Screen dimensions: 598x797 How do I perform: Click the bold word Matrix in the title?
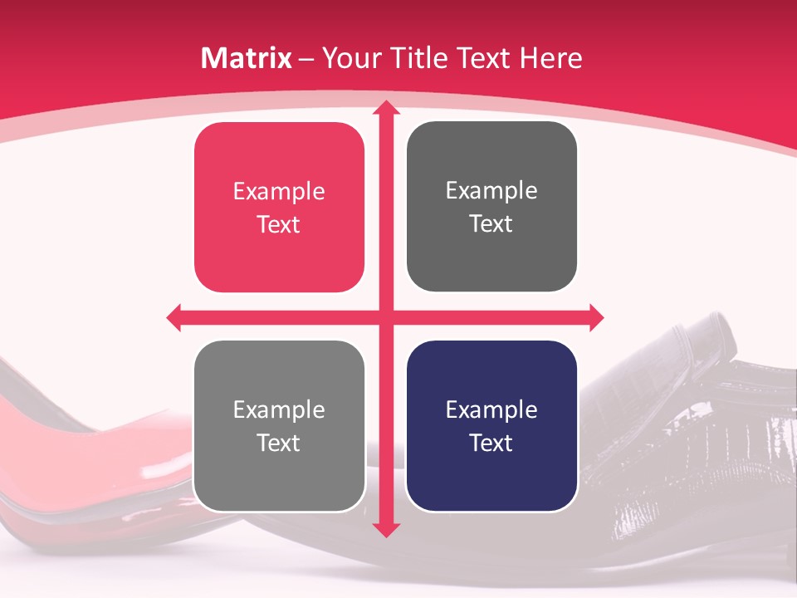(x=247, y=58)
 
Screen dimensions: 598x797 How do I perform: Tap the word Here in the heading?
(x=550, y=58)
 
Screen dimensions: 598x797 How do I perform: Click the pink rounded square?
(x=279, y=208)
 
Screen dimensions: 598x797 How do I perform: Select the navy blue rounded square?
(x=491, y=426)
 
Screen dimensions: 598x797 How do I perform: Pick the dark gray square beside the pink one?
(x=491, y=207)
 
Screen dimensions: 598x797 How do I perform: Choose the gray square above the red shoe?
(x=279, y=426)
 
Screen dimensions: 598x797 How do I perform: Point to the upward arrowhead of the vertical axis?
(x=386, y=107)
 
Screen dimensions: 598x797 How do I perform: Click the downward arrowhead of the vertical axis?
(x=386, y=529)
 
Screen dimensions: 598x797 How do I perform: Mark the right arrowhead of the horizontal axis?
(x=596, y=317)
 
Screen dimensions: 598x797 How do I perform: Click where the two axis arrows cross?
(x=386, y=317)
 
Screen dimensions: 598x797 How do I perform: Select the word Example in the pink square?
(x=279, y=192)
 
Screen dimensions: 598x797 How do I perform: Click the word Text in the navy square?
(x=491, y=443)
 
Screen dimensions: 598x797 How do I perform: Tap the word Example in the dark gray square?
(x=491, y=191)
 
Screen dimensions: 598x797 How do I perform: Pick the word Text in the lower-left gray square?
(x=279, y=443)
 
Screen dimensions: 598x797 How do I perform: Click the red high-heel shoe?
(x=83, y=465)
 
